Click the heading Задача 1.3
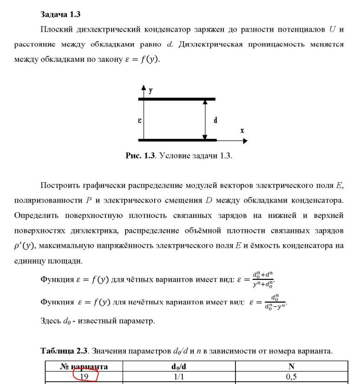coord(60,14)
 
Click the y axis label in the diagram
coord(151,91)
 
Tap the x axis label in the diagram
coord(242,131)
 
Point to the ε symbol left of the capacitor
coord(139,120)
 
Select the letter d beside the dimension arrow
coord(216,120)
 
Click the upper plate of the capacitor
coord(177,99)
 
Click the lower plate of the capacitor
coord(177,139)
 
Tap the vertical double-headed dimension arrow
coord(205,119)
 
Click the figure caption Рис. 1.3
coord(139,156)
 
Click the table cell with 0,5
coord(292,377)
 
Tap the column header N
coord(292,367)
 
